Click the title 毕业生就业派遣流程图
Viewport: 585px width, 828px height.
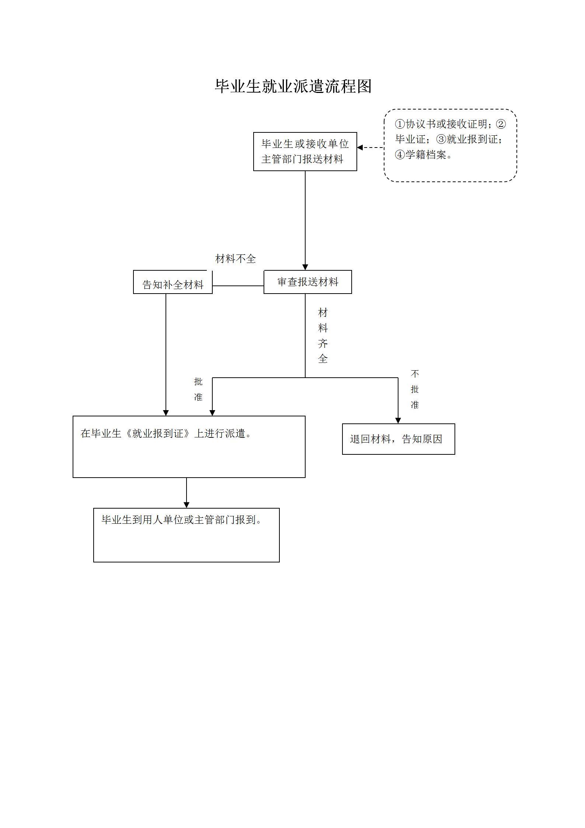293,86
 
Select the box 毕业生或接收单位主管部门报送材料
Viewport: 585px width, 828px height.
305,152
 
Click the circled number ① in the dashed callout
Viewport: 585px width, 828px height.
400,124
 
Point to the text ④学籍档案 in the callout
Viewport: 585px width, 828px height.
423,155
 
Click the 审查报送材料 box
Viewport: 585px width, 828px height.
307,282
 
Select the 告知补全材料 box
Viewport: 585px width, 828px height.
173,284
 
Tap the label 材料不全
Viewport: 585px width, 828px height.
235,259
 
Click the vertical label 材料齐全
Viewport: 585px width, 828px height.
323,336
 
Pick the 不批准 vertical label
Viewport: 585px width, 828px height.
415,389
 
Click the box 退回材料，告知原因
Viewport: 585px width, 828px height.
398,439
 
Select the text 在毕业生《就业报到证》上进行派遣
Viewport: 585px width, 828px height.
166,433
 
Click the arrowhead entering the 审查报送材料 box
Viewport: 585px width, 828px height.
305,267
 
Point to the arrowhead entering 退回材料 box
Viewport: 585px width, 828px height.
398,420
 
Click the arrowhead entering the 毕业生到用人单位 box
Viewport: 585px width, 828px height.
187,505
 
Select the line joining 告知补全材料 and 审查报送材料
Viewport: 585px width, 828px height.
238,286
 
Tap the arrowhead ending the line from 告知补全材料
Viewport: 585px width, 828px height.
166,413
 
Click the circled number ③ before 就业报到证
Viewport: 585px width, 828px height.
441,139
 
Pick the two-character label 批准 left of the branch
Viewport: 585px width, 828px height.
198,389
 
